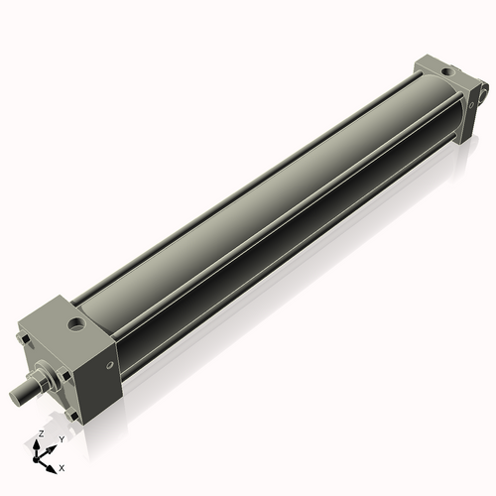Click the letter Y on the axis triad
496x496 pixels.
pos(61,438)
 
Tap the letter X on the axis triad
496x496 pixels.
pos(62,466)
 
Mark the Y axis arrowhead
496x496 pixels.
pos(54,445)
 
